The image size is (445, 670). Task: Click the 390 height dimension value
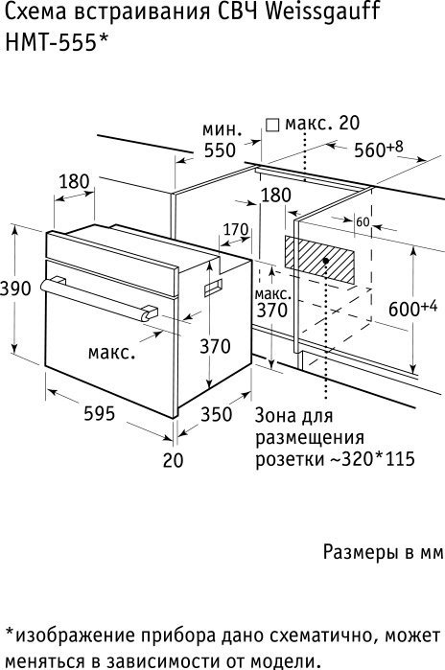(x=15, y=289)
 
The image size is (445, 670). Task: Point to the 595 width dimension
(x=100, y=414)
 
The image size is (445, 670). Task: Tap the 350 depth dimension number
(x=217, y=414)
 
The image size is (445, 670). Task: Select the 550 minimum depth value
(x=220, y=150)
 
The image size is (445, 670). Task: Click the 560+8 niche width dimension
(x=379, y=150)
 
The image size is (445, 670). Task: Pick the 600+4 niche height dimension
(x=413, y=309)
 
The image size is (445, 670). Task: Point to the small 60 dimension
(x=363, y=222)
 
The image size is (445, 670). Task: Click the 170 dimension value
(x=236, y=229)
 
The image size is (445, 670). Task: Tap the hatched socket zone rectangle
(x=319, y=260)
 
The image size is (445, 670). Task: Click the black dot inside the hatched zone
(x=326, y=260)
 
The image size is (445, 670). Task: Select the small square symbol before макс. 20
(x=272, y=126)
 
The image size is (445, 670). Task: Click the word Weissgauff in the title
(x=322, y=12)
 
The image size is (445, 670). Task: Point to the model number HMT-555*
(x=56, y=43)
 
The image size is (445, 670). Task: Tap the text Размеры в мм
(x=384, y=552)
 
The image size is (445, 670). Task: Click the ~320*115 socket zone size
(x=372, y=459)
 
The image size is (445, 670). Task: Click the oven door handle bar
(x=99, y=299)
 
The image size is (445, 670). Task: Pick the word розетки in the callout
(x=290, y=460)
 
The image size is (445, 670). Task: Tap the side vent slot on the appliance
(x=213, y=289)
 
